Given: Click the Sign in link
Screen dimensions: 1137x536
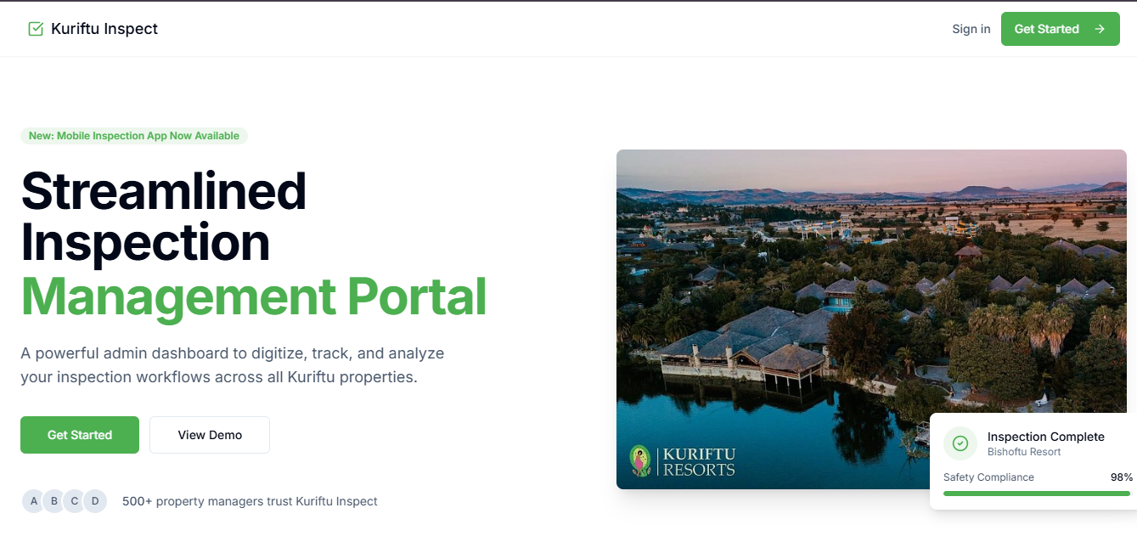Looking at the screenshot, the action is (971, 29).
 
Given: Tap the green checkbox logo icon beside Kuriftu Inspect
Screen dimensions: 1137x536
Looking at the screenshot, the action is (36, 29).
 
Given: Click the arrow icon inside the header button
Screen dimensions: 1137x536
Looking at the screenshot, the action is (1100, 29).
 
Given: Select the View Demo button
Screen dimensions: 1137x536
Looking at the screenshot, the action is (210, 435).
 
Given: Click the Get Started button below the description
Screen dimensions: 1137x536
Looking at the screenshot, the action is (80, 435).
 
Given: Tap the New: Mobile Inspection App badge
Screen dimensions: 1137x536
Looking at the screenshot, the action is (134, 136).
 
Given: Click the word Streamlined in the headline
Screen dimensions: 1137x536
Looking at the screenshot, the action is (163, 191).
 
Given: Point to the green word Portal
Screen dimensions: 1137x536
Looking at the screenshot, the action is (417, 297).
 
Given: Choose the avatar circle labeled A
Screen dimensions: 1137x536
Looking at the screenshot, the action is (33, 501).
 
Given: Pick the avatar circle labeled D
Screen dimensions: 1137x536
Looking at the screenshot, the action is (95, 501).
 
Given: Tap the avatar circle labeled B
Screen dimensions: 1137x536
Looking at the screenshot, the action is (53, 501).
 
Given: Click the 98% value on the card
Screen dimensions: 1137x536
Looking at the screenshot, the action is (1121, 477).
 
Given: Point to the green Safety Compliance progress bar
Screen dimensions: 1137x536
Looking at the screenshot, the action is (1037, 494).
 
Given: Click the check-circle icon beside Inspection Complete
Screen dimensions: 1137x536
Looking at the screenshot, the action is (960, 443).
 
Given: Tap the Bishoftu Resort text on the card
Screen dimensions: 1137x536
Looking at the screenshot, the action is (1024, 452).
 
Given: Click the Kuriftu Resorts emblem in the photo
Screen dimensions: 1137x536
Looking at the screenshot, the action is (640, 461).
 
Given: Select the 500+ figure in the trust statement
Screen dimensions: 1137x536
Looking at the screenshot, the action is (137, 501).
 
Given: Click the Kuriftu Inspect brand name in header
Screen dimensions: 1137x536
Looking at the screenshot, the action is (104, 29).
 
